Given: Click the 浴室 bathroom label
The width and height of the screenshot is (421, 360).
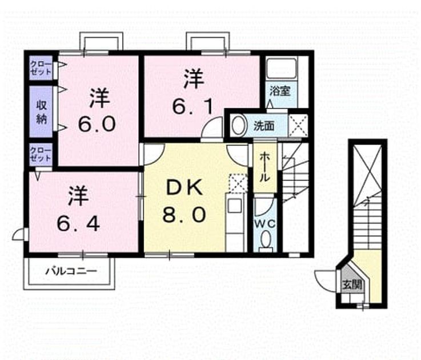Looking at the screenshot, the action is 280,91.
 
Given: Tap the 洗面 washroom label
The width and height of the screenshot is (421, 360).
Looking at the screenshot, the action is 264,126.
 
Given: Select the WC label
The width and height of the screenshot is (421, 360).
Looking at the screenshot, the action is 264,223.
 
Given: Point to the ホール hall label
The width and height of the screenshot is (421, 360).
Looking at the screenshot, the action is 264,167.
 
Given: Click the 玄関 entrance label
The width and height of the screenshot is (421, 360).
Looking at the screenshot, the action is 352,285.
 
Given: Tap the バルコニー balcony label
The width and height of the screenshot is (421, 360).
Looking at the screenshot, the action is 71,271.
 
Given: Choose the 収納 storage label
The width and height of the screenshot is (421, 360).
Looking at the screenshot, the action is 42,111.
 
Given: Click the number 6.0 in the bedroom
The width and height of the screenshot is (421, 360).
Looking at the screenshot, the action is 97,124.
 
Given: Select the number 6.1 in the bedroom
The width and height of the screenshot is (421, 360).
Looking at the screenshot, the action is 193,107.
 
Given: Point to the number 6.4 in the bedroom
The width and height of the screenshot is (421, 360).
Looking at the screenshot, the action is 78,224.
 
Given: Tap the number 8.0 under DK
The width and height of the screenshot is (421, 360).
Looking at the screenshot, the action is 184,214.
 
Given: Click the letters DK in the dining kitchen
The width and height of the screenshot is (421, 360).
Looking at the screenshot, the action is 185,187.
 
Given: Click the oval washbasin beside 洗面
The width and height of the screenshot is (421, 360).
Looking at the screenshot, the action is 239,125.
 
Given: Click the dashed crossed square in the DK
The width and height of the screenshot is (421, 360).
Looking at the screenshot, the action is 238,183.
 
